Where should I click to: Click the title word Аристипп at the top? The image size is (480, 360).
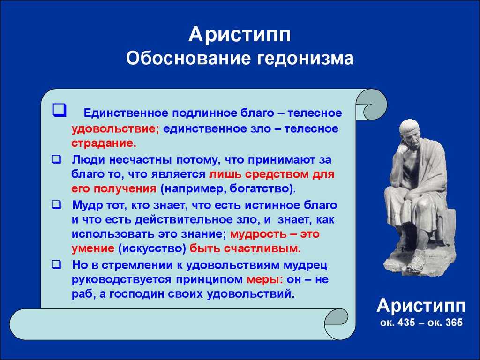240,35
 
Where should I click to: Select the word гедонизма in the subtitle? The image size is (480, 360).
305,59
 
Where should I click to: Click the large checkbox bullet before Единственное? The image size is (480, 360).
59,110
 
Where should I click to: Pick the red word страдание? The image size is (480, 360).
104,143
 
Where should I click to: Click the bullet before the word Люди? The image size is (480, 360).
56,159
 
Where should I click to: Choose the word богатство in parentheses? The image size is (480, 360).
260,188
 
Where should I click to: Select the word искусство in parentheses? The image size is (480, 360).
152,248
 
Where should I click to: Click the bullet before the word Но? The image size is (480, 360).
56,264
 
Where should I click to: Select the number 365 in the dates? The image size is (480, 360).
452,322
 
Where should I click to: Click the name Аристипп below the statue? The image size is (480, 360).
421,306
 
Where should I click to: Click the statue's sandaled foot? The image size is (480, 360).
417,262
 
